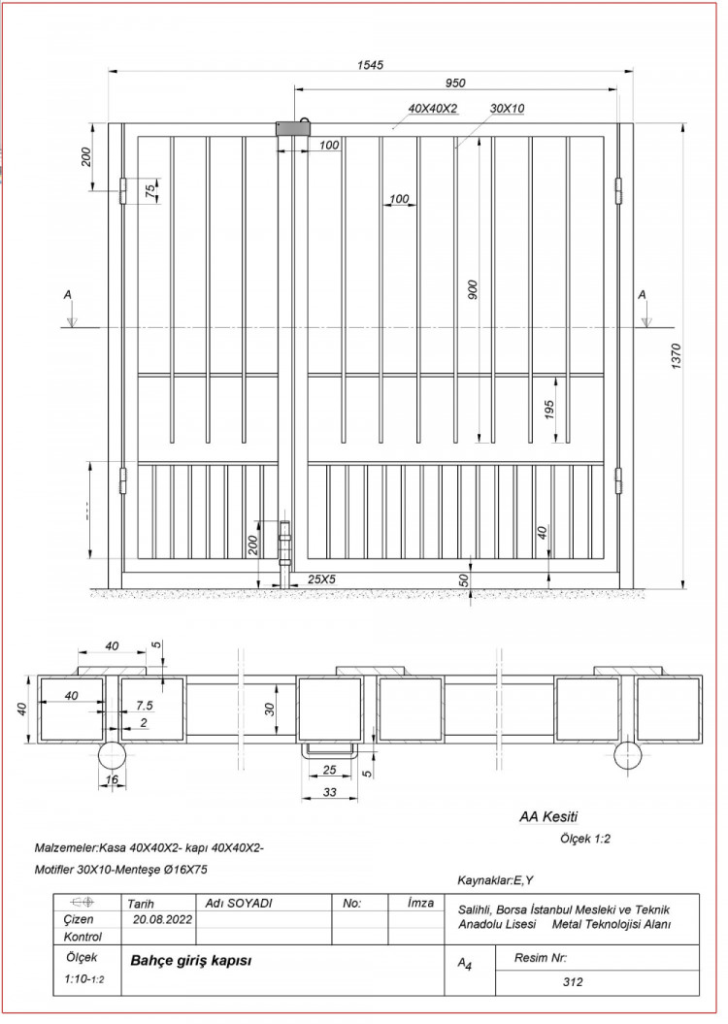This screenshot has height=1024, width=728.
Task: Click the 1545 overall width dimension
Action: [370, 65]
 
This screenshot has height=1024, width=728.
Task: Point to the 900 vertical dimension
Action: [474, 290]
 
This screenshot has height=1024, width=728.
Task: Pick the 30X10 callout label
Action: [508, 109]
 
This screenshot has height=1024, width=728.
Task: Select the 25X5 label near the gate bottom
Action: [321, 579]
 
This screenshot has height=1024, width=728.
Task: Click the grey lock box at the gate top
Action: [292, 128]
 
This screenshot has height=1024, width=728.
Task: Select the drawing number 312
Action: [573, 981]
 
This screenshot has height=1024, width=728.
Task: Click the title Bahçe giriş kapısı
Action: [191, 960]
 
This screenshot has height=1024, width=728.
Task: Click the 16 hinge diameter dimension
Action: [113, 779]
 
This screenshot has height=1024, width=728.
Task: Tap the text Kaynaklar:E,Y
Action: [495, 880]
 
